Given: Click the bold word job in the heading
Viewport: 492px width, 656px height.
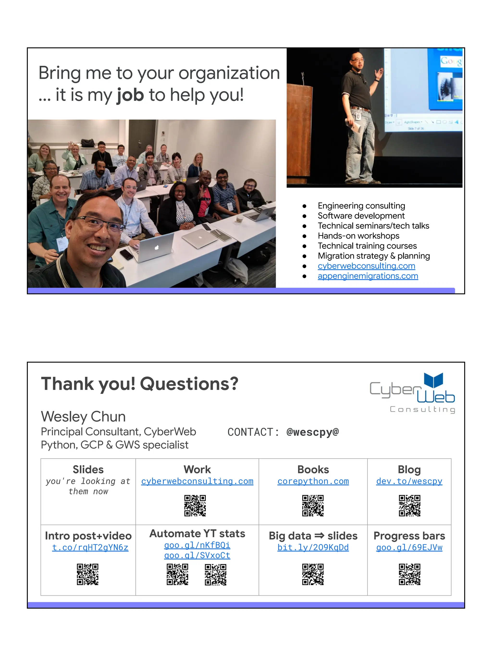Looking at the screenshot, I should [130, 95].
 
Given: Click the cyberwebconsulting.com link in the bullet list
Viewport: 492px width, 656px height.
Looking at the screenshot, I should [366, 266].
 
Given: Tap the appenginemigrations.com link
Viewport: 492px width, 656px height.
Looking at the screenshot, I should [368, 276].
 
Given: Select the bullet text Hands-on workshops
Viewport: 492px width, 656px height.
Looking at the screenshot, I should [358, 236].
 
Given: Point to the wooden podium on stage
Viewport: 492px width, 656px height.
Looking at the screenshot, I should [300, 134].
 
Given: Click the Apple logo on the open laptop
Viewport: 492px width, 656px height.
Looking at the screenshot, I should [157, 247].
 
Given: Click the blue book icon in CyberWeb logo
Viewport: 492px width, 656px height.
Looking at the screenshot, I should [433, 380].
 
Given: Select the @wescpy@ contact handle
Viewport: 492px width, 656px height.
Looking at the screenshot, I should [312, 432].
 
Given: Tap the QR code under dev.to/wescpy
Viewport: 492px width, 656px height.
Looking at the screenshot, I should [409, 505].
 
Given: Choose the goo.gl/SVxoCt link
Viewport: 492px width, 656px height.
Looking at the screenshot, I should [197, 555].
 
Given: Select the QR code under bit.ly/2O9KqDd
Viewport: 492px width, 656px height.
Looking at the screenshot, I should [313, 574].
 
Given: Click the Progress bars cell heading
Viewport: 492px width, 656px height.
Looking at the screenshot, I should [409, 536].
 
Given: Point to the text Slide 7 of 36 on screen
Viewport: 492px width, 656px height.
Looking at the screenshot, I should [416, 129].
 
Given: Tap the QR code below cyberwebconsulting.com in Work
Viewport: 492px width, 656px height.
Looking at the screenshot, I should [195, 505].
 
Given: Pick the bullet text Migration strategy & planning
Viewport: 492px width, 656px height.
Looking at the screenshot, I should [374, 256].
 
